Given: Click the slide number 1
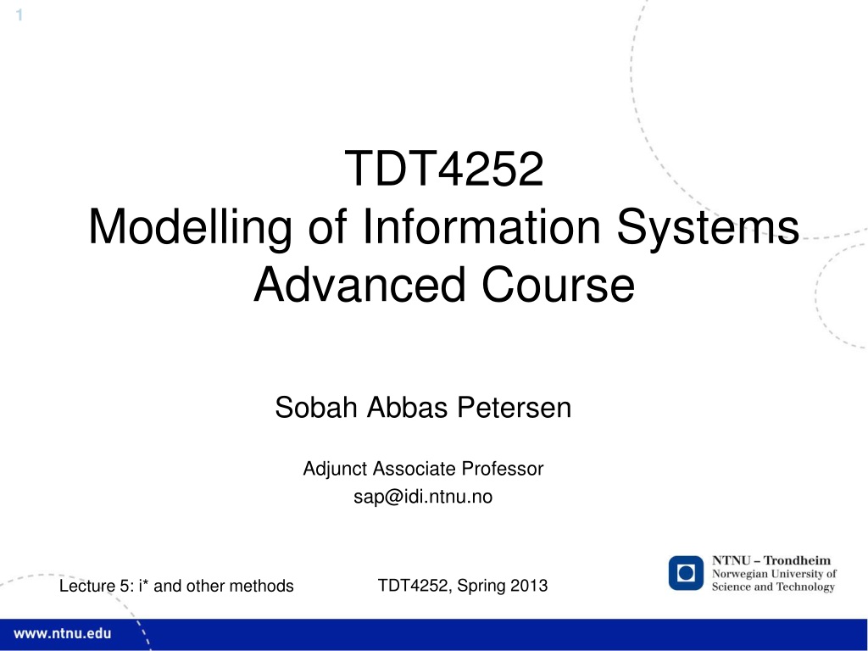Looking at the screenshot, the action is click(x=19, y=15).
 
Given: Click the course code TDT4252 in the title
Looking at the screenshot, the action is click(x=444, y=169).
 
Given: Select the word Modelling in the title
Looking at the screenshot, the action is click(x=190, y=227).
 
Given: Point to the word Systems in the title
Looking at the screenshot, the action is click(x=708, y=227).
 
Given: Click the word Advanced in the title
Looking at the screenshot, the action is click(x=359, y=285).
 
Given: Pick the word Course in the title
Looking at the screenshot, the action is click(x=558, y=285).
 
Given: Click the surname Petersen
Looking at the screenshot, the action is click(x=515, y=408).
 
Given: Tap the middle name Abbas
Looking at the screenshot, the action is click(x=407, y=408).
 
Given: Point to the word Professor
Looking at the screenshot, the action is click(x=503, y=468).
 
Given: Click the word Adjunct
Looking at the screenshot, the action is click(x=335, y=469).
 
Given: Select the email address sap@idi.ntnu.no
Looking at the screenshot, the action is click(x=423, y=497).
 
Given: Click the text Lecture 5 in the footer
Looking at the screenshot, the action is click(x=95, y=586).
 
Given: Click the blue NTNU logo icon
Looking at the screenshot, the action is click(x=686, y=573).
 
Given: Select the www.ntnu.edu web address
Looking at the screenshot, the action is click(x=62, y=633).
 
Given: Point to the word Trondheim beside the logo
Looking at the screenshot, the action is click(x=797, y=560).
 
